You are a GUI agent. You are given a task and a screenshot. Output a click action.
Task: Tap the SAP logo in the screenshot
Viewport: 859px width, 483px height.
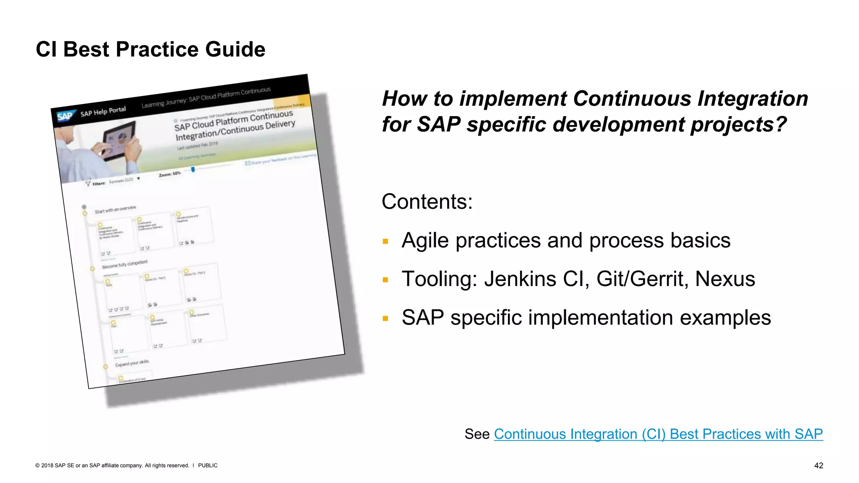(65, 116)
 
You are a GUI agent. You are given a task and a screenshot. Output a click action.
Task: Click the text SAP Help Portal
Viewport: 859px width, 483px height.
(103, 112)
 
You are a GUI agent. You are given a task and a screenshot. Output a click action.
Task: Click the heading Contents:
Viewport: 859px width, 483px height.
(427, 202)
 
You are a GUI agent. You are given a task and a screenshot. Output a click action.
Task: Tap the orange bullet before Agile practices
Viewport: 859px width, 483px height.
(385, 241)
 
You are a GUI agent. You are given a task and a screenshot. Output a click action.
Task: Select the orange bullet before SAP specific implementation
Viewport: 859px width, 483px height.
(385, 319)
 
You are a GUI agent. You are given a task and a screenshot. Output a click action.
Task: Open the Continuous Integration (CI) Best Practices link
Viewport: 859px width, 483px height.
(658, 434)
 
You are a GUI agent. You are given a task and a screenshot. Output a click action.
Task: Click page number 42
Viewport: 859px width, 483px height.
(818, 465)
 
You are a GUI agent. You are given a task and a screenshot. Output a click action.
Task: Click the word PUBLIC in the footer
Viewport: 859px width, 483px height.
(208, 465)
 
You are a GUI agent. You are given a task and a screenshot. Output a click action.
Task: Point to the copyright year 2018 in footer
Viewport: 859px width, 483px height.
(47, 465)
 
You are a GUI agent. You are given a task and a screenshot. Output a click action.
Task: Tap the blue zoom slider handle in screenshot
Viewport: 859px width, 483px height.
(193, 169)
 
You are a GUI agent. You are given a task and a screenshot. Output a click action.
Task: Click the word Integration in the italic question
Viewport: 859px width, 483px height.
(752, 99)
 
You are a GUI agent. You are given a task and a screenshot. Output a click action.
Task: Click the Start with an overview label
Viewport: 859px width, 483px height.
(115, 209)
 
